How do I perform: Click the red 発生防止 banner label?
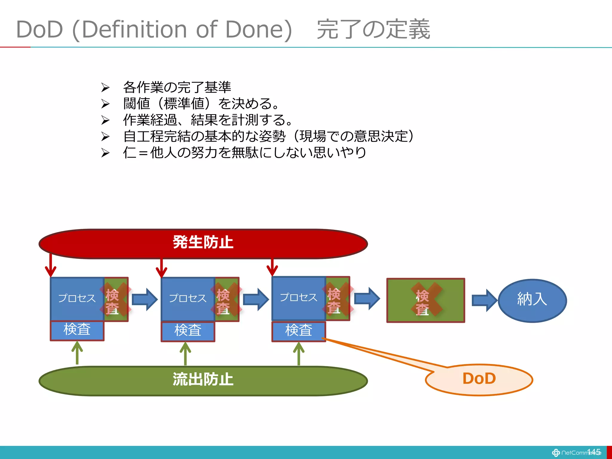coord(203,242)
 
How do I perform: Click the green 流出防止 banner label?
coord(203,380)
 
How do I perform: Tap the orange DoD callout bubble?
coord(479,379)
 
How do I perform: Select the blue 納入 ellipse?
coord(532,300)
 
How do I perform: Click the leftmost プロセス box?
coord(77,299)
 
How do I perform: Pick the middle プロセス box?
coord(188,299)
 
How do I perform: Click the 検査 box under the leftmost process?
coord(77,330)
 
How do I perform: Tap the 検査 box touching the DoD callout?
coord(298,331)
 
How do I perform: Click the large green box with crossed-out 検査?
coord(426,300)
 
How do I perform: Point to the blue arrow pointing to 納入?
coord(484,300)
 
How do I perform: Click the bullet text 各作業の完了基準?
coord(177,87)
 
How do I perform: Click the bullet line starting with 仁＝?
coord(244,153)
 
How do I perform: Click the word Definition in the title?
coord(134,29)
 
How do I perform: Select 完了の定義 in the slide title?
coord(373,29)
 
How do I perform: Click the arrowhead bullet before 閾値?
coord(105,104)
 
